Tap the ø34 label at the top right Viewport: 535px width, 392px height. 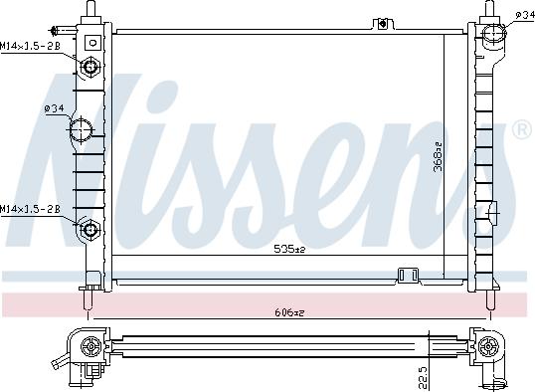[523, 13]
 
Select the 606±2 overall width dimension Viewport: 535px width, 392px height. [288, 311]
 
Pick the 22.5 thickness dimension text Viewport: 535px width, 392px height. [424, 377]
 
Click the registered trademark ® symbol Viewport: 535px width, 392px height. [519, 131]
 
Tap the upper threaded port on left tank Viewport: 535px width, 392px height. [90, 68]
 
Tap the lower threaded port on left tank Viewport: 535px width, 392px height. [90, 230]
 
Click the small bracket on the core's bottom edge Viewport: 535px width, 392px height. [407, 275]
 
